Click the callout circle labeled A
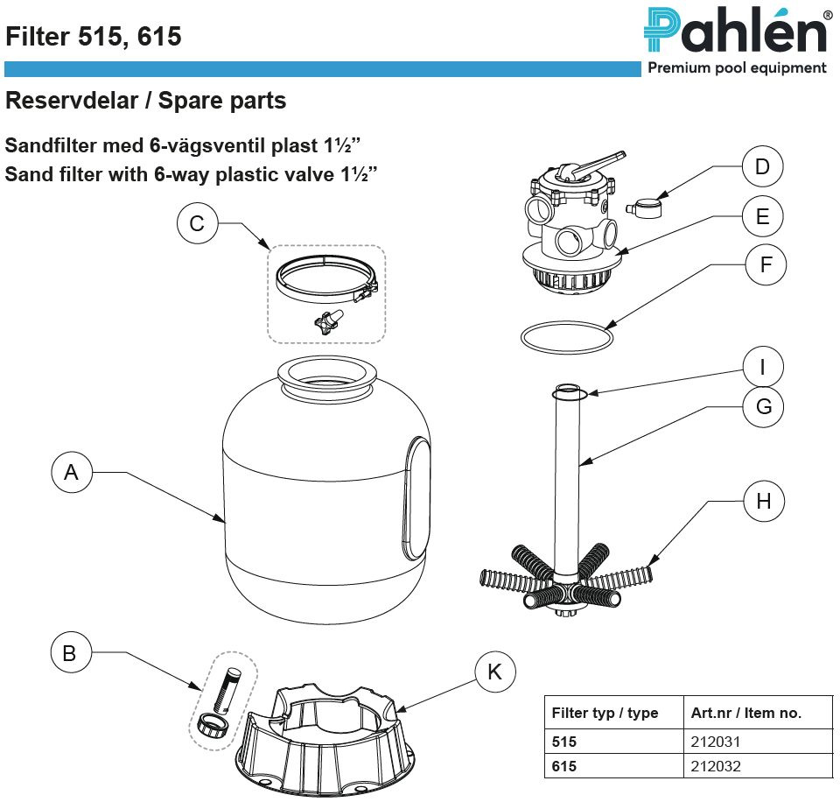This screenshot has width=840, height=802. tap(72, 473)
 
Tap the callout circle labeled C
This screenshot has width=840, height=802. tap(197, 223)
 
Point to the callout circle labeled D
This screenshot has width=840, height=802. tap(762, 166)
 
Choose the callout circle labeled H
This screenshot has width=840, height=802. tap(764, 501)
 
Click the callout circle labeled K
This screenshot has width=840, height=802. tap(495, 672)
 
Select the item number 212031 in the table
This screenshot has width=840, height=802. tap(716, 742)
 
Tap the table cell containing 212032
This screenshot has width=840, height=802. tap(716, 766)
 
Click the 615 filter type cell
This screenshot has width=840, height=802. tap(565, 766)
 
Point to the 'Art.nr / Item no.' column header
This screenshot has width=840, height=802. tap(745, 713)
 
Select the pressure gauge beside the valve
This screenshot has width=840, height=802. tap(646, 208)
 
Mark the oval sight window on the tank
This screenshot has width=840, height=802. tap(418, 499)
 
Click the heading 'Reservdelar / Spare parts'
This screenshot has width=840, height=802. tap(146, 101)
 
